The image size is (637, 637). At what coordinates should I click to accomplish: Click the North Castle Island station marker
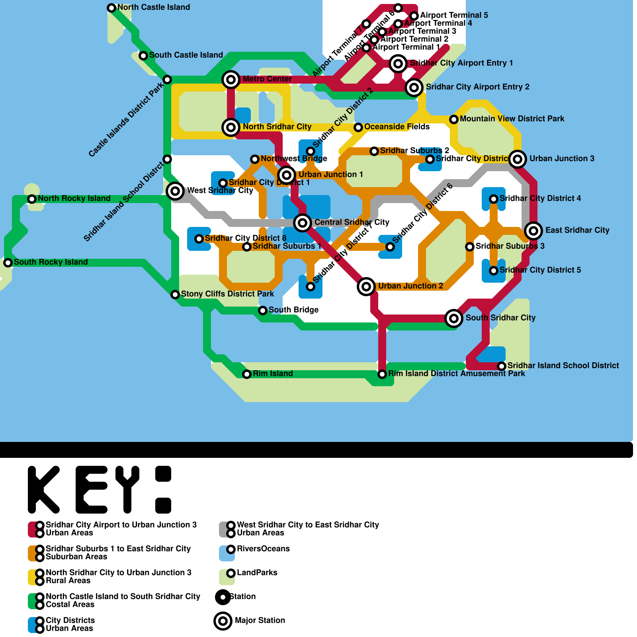pos(111,8)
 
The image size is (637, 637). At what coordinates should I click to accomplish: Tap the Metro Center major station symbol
pos(231,80)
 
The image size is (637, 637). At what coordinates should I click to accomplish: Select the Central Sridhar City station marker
pos(303,223)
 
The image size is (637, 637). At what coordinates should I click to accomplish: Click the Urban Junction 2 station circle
pos(366,286)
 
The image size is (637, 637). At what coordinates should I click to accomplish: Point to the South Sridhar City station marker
pos(454,318)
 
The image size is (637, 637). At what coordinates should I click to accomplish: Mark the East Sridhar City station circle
pos(533,231)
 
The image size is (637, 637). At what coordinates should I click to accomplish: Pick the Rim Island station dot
pos(247,374)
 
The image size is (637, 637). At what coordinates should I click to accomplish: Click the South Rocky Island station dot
pos(8,262)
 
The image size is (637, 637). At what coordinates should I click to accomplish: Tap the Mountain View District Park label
pos(512,119)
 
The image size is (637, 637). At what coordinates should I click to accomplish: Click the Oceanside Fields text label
pos(397,127)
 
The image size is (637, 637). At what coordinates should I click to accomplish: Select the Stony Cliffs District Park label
pos(227,294)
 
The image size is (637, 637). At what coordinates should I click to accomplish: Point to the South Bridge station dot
pos(263,310)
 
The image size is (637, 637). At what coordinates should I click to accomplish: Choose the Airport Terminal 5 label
pos(453,15)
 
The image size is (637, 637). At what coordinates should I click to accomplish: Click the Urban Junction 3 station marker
pos(518,159)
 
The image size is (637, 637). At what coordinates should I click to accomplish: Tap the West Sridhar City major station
pos(175,191)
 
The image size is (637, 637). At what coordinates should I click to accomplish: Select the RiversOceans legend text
pos(263,549)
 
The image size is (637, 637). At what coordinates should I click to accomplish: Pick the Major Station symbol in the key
pos(223,621)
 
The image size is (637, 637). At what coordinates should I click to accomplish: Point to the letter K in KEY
pos(43,490)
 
